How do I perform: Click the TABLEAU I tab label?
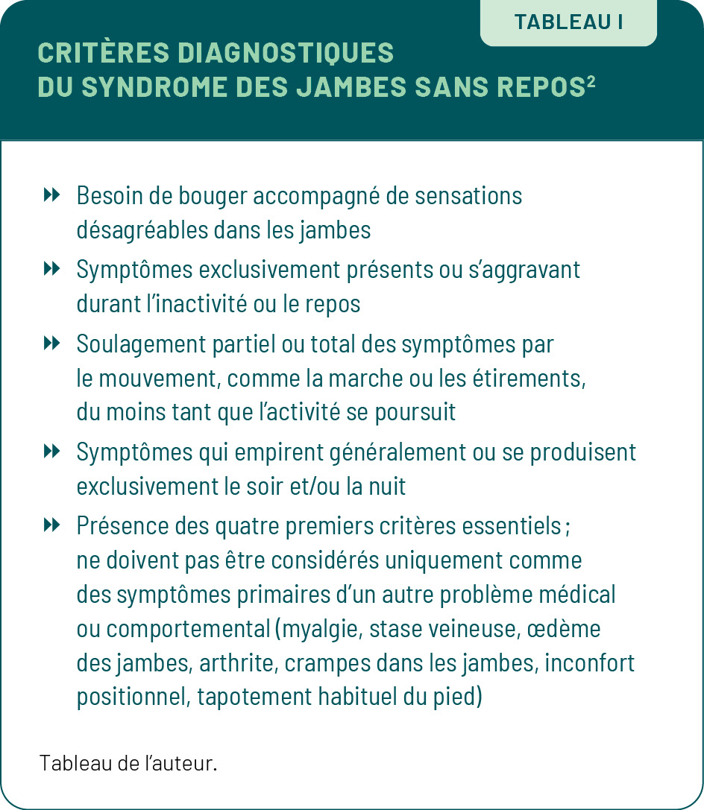(x=568, y=22)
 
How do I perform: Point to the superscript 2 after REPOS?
(x=591, y=81)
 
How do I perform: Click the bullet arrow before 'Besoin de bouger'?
(x=51, y=196)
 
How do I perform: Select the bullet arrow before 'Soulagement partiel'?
(x=51, y=344)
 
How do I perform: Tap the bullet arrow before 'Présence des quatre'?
(x=51, y=525)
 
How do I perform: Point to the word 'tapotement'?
(x=242, y=697)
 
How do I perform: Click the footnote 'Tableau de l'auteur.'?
(x=128, y=763)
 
